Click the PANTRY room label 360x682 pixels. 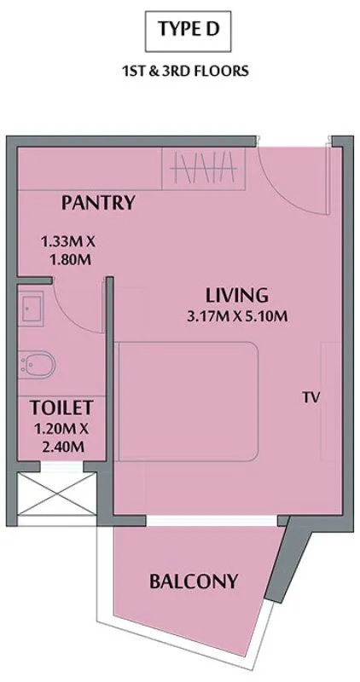(x=98, y=203)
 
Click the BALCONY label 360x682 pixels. (x=193, y=582)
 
